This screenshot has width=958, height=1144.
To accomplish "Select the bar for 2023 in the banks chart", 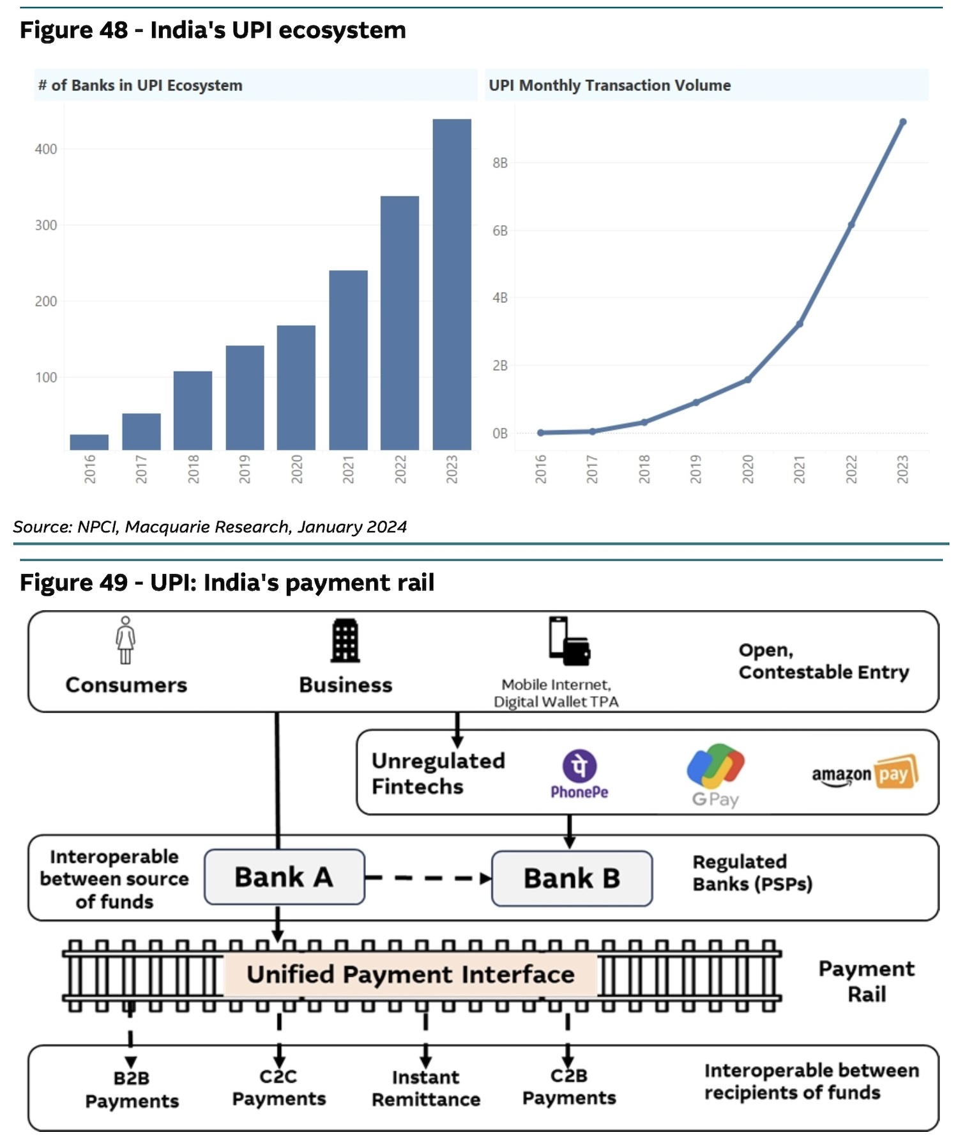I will point(452,284).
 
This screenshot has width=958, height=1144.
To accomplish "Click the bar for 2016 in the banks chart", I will point(89,442).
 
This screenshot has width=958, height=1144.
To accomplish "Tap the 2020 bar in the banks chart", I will point(296,387).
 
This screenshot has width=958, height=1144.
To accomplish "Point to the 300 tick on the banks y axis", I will point(45,225).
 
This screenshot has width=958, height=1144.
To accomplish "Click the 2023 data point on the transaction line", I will point(902,122).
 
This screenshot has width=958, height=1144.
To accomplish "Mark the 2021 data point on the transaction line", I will point(799,324).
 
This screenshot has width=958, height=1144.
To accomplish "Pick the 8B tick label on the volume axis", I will point(499,163).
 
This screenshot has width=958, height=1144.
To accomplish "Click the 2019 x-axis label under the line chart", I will point(696,468).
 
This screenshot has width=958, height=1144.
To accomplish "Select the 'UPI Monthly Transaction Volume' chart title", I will point(609,86).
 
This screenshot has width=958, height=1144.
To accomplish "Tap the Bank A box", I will point(284,877).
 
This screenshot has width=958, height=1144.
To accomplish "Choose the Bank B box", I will point(572,878).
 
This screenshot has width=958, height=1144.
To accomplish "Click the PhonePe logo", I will point(579,773).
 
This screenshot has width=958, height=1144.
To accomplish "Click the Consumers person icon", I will point(126,640).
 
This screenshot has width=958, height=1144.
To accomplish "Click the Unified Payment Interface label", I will point(411,975).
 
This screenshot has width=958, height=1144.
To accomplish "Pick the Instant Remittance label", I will point(426,1088).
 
